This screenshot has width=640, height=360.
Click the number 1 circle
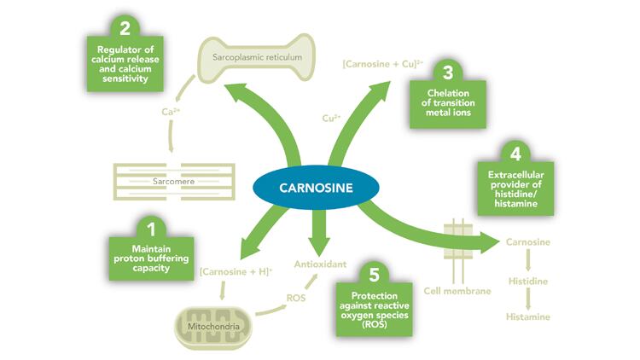click(151, 229)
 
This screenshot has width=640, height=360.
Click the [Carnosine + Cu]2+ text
click(369, 63)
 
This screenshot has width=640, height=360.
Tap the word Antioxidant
click(320, 265)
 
